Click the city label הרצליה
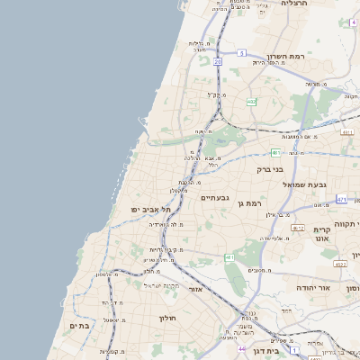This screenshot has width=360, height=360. (294, 4)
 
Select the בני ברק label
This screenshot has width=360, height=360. (269, 168)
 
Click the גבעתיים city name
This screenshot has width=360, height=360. (217, 197)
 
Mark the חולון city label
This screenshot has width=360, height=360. (170, 319)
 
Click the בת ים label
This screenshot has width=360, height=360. (79, 327)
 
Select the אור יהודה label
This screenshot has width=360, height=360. (312, 287)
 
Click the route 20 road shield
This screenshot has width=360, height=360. (218, 61)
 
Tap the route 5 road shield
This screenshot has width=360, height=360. (241, 53)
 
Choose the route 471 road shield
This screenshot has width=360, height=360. (341, 198)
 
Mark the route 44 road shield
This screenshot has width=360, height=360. (242, 347)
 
